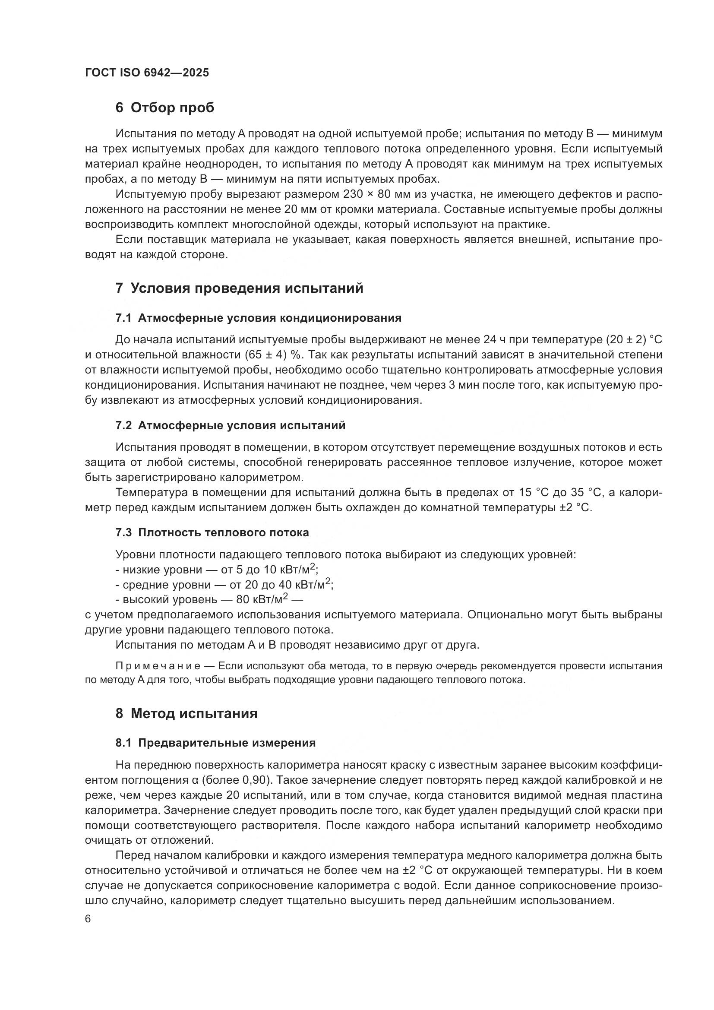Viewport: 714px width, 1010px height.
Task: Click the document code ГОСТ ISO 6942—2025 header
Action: click(x=147, y=73)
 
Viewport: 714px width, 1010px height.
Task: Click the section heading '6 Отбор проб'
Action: click(x=165, y=108)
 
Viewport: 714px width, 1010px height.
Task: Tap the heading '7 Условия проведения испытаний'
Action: click(x=240, y=288)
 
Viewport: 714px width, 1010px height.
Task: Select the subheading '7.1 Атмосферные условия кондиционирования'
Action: click(x=259, y=318)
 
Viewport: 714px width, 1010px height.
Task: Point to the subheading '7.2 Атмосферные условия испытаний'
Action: click(x=231, y=425)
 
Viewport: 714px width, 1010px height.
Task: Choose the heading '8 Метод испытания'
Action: click(x=187, y=713)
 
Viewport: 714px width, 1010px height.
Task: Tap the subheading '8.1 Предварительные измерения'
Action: click(x=216, y=743)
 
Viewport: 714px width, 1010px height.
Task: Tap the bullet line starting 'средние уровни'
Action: click(x=224, y=585)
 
